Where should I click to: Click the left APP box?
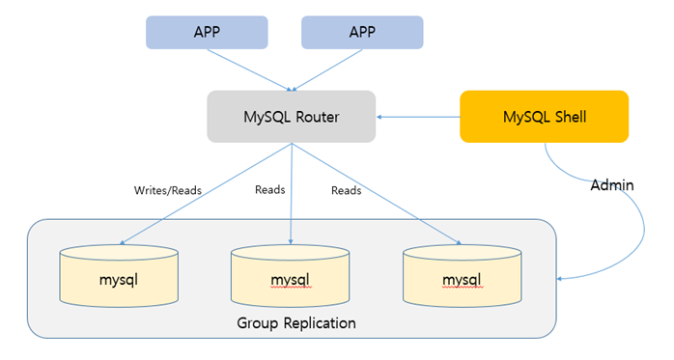207,32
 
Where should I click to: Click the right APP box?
362,32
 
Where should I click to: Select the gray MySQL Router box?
291,117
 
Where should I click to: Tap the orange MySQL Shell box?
544,117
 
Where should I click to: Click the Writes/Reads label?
167,191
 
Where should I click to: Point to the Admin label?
612,184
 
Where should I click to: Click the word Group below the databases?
260,322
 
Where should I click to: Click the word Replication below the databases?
321,322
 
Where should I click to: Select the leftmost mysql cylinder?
119,279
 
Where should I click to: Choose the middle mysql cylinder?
290,279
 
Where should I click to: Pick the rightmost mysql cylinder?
462,279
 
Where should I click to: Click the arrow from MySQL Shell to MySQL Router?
417,118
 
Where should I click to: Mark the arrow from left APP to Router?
246,69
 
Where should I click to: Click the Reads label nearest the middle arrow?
269,190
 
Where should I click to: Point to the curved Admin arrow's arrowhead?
563,279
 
